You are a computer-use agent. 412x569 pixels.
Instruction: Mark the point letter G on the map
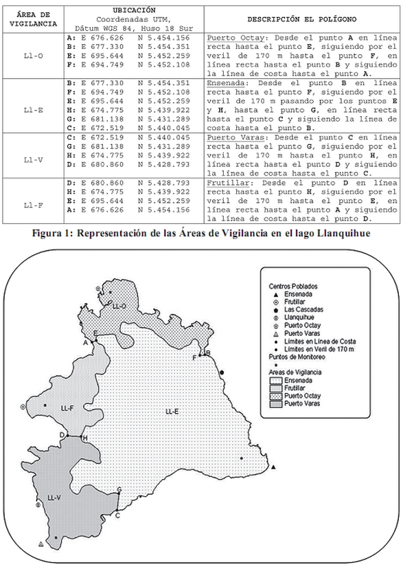pos(119,490)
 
